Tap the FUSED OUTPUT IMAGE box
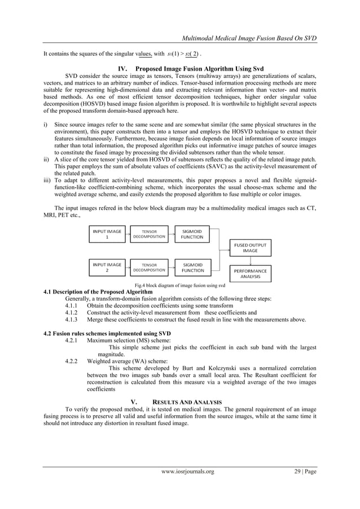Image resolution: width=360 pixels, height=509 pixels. click(x=251, y=248)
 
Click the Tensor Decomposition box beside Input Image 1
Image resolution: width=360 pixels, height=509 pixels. click(x=149, y=234)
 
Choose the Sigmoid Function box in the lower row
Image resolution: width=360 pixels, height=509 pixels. click(x=192, y=267)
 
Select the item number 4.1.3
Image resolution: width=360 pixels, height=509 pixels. click(x=74, y=319)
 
